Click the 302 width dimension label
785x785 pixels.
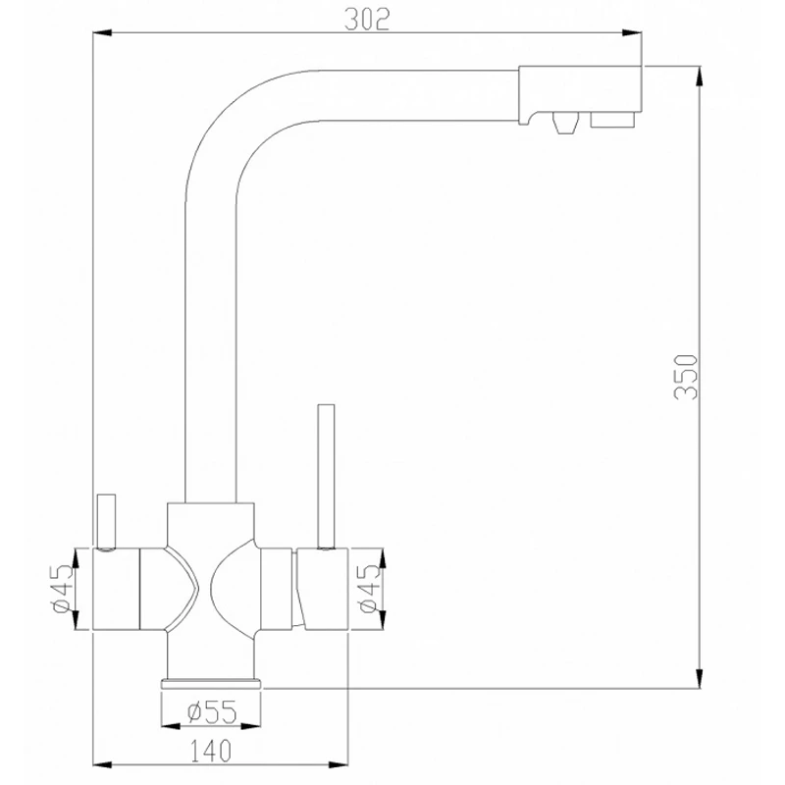click(369, 20)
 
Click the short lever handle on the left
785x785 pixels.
click(104, 520)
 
